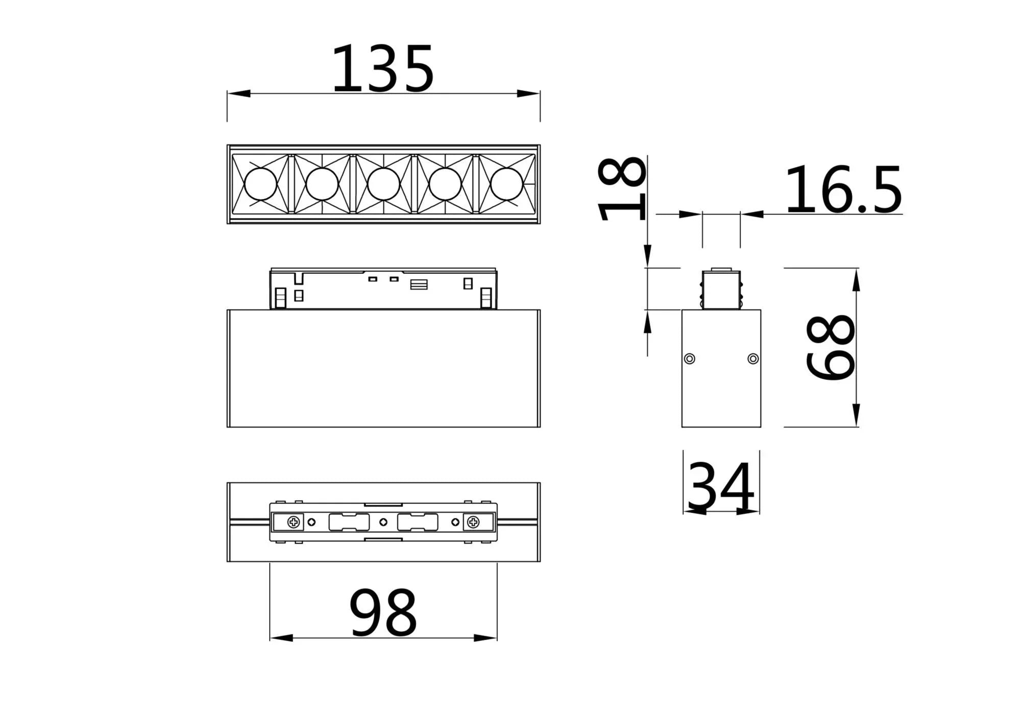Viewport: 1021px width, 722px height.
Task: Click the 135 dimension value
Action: (x=383, y=68)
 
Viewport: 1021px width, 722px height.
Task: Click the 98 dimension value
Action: (x=383, y=612)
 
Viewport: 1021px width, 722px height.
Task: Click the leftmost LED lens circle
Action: (x=260, y=184)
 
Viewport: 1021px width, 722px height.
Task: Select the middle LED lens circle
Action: (x=383, y=184)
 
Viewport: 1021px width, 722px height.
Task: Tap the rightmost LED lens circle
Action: (x=507, y=184)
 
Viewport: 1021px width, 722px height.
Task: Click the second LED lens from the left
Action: (x=322, y=184)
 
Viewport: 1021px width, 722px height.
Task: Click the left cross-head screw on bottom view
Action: (x=294, y=522)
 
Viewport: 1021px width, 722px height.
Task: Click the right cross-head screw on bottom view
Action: (x=473, y=522)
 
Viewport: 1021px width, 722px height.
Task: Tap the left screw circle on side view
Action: (x=690, y=358)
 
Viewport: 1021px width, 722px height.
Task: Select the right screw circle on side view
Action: (x=753, y=358)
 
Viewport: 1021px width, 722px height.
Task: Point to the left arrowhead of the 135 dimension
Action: (x=238, y=93)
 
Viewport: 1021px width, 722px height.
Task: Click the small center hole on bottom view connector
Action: (x=383, y=522)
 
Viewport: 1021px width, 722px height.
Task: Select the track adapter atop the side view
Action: (x=721, y=290)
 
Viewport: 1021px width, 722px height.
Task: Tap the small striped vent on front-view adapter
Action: (x=419, y=284)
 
